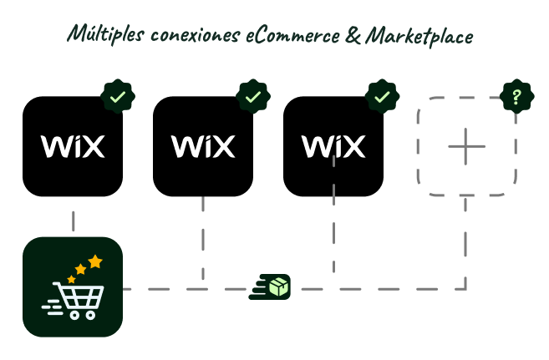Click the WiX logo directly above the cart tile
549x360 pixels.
coord(73,147)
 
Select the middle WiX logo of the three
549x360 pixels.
coord(203,147)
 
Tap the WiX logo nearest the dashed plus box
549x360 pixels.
coord(333,147)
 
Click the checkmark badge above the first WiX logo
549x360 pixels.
coord(118,97)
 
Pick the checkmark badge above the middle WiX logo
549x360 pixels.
coord(253,97)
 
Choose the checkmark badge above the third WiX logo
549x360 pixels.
coord(382,97)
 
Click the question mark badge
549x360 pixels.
coord(516,97)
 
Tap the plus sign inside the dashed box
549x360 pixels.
coord(466,147)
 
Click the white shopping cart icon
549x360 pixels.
coord(77,299)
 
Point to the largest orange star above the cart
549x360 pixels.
coord(95,261)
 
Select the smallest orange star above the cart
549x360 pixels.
coord(71,279)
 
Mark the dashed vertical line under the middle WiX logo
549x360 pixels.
coord(203,238)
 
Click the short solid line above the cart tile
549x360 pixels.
coord(74,221)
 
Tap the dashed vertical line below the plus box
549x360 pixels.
coord(465,242)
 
